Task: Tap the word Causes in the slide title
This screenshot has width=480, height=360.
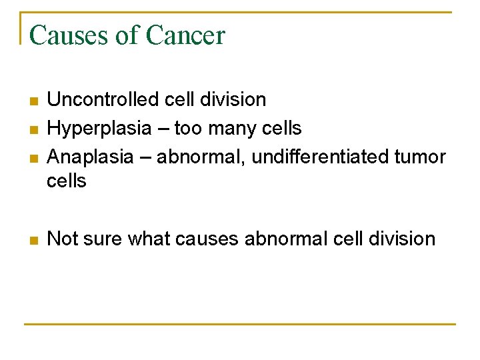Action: pyautogui.click(x=69, y=35)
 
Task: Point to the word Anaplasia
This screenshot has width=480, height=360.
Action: pyautogui.click(x=90, y=157)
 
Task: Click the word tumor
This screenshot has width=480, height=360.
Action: pyautogui.click(x=420, y=157)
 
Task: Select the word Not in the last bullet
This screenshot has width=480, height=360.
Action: pyautogui.click(x=62, y=239)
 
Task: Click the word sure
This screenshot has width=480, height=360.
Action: pyautogui.click(x=101, y=239)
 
